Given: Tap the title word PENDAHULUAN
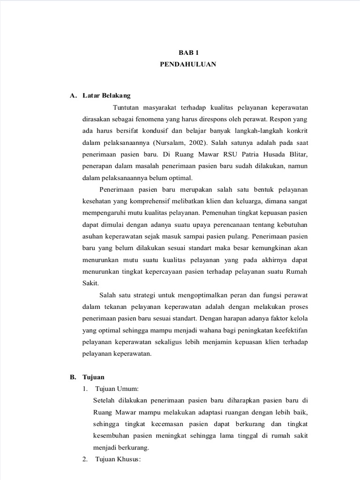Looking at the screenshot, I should coord(187,65).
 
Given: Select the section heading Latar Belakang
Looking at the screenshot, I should coord(106,96).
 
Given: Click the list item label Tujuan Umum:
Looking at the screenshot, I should coord(117,389).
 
